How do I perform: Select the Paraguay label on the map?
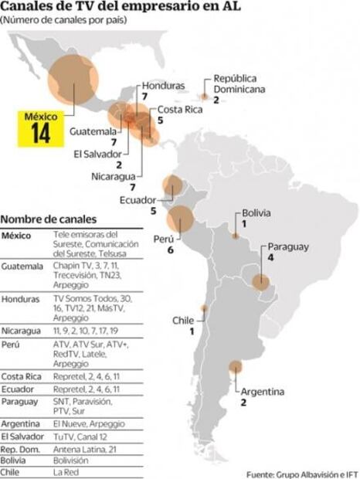tap(288, 247)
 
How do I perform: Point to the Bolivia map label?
tap(256, 212)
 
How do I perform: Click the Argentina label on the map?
tap(262, 392)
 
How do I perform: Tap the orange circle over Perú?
tap(183, 221)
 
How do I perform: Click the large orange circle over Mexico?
tap(73, 80)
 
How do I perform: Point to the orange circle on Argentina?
tap(235, 368)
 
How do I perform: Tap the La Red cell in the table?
tap(67, 471)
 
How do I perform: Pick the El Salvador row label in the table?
tap(24, 436)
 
